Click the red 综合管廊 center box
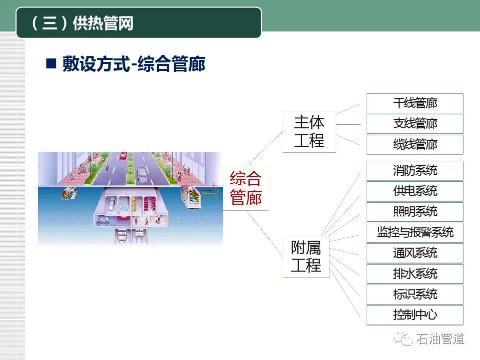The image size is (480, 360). click(x=246, y=188)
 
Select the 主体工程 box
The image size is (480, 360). click(x=309, y=131)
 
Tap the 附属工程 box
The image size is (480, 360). click(x=306, y=257)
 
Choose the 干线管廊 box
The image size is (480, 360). click(x=415, y=103)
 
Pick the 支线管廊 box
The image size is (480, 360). click(x=415, y=124)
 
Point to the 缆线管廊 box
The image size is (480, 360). click(x=415, y=145)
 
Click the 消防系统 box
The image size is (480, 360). click(x=415, y=171)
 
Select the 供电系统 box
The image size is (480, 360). click(x=415, y=191)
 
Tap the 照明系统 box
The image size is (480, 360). click(x=415, y=212)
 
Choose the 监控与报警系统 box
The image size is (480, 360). click(x=415, y=232)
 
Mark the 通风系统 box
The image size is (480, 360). click(x=415, y=253)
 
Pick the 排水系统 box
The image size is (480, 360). click(x=415, y=274)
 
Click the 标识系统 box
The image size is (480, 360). click(x=415, y=295)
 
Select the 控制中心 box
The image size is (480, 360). click(x=415, y=315)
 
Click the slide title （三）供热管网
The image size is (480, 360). click(x=83, y=23)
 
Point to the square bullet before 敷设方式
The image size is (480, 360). click(x=50, y=64)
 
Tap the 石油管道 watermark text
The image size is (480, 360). click(x=441, y=339)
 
